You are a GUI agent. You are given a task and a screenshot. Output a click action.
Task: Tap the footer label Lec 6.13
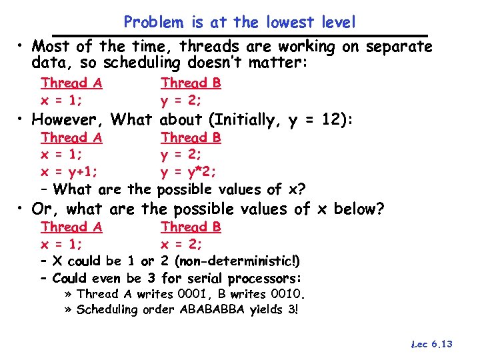click(x=433, y=344)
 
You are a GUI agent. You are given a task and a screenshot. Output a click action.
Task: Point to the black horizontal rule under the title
click(x=240, y=35)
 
